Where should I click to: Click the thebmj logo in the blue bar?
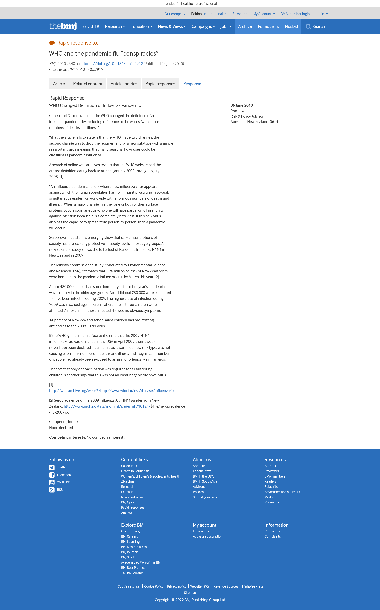click(63, 26)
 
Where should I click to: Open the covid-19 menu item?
click(91, 26)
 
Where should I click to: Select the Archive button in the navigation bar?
click(245, 26)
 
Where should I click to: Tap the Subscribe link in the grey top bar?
click(239, 14)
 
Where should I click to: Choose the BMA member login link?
click(295, 14)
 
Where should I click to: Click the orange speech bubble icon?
click(52, 43)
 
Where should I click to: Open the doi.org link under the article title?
click(113, 64)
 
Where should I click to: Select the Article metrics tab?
click(124, 84)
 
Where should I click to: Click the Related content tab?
click(88, 84)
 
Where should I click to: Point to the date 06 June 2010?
click(241, 105)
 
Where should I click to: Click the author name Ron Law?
click(237, 111)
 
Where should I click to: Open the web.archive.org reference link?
click(113, 391)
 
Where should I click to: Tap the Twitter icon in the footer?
click(52, 467)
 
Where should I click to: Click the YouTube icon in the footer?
click(52, 482)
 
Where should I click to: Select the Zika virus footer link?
click(128, 481)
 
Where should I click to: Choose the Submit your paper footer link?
click(206, 497)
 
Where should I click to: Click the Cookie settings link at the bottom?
click(128, 586)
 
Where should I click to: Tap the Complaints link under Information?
click(273, 536)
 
